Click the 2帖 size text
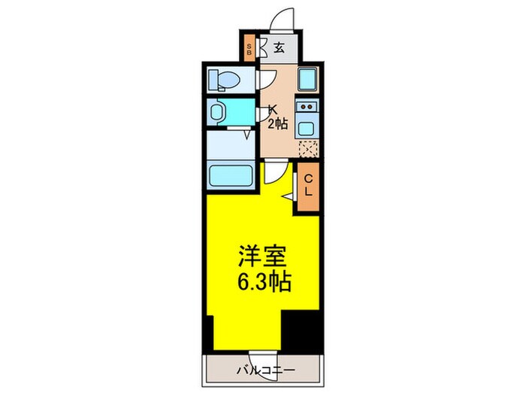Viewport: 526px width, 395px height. pyautogui.click(x=278, y=123)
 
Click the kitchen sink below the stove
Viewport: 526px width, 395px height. pyautogui.click(x=307, y=125)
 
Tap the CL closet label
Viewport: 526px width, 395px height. pyautogui.click(x=308, y=184)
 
